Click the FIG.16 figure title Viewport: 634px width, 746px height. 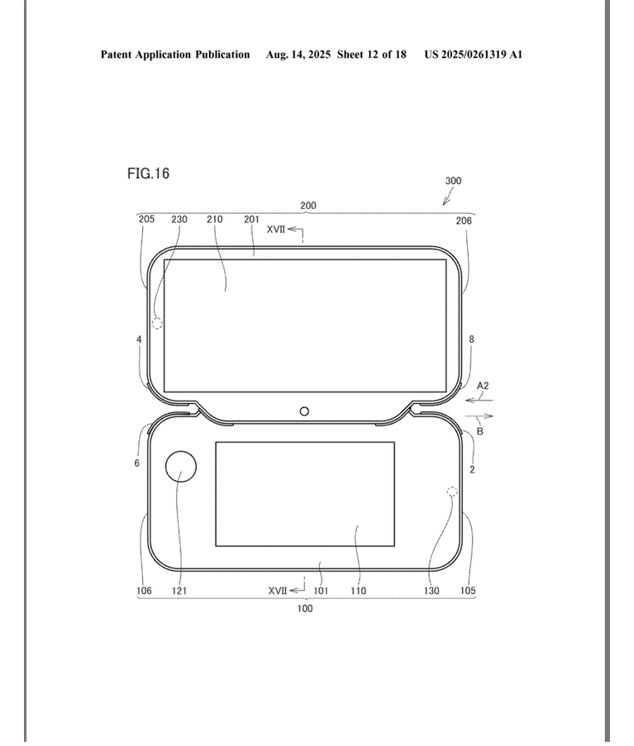[148, 173]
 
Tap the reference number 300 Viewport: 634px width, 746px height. [453, 181]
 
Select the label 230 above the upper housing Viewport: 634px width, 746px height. [179, 219]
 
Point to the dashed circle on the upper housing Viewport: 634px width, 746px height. [157, 324]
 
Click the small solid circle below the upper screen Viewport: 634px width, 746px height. [304, 411]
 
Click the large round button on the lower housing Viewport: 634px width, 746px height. [181, 466]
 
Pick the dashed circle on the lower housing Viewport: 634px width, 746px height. [452, 492]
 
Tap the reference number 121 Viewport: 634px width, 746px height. [179, 591]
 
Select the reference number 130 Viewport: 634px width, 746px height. [431, 591]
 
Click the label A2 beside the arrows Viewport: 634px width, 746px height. [483, 386]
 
